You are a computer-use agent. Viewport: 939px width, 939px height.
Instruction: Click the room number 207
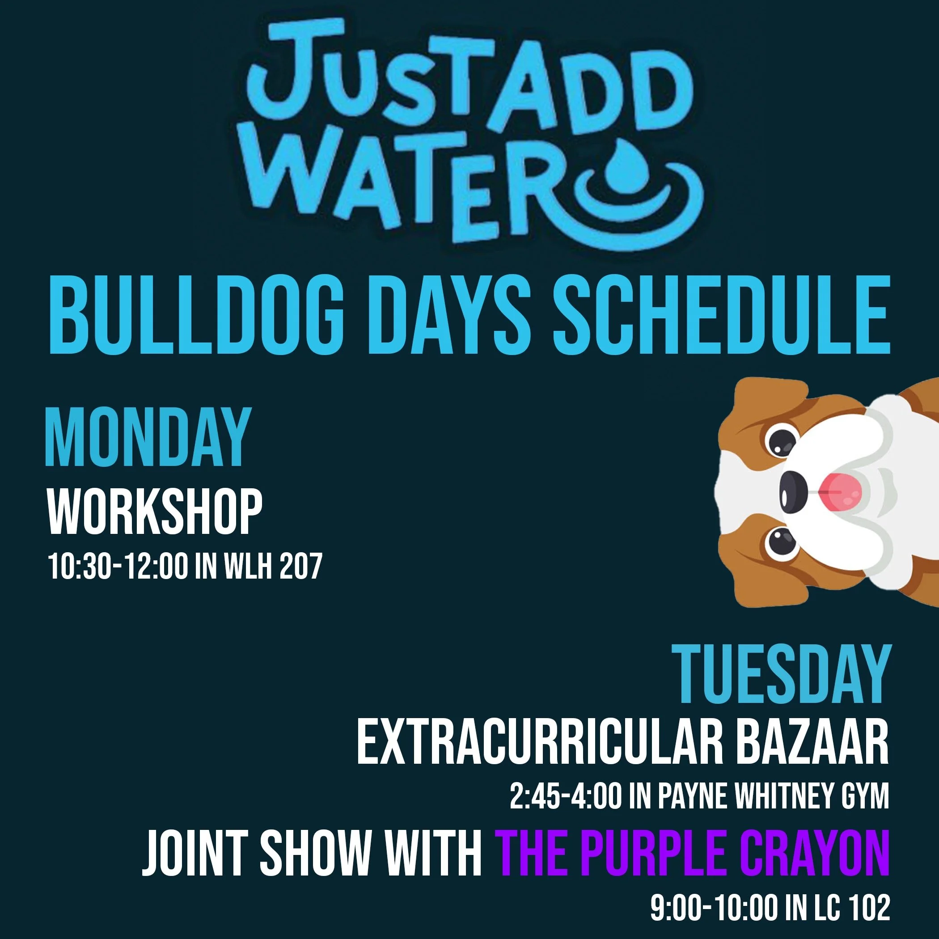[x=301, y=566]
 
